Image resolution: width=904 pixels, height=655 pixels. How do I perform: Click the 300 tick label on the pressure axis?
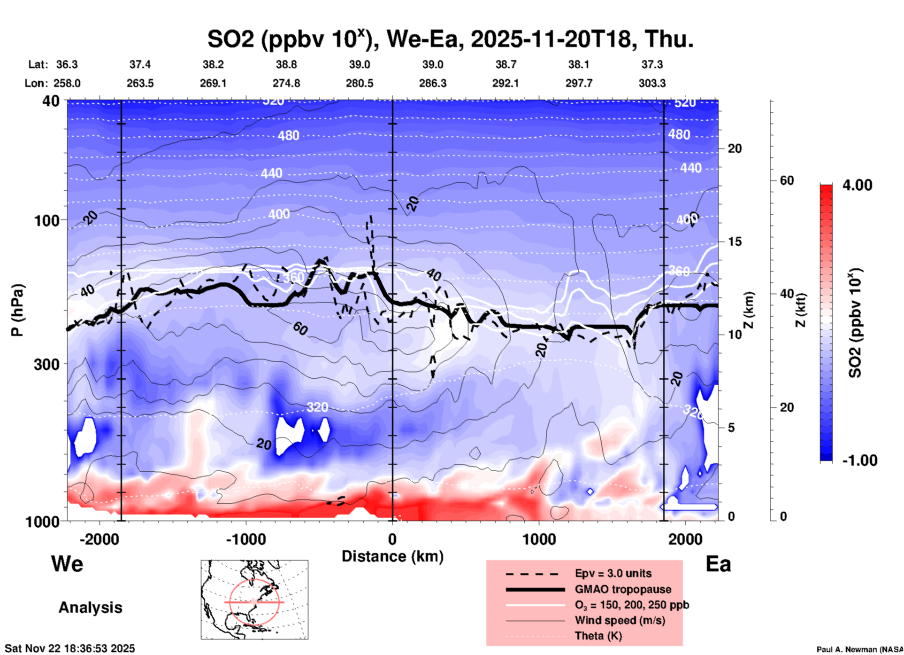pos(47,364)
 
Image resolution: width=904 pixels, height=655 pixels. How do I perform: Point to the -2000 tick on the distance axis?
pos(99,539)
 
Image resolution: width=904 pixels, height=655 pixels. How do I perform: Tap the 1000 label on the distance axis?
pos(539,539)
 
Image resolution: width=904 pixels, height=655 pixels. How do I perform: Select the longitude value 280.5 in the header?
pos(360,83)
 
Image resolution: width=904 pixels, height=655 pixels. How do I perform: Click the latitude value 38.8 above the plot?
pos(286,64)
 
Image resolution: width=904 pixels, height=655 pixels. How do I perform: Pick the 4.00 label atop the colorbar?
pos(857,185)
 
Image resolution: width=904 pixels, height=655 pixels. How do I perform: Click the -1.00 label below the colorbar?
pos(859,460)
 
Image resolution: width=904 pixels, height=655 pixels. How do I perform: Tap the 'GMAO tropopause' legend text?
pos(623,589)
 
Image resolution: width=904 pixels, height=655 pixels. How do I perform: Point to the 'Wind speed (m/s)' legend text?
pos(620,620)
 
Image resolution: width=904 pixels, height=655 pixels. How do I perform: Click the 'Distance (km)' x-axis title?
pos(392,556)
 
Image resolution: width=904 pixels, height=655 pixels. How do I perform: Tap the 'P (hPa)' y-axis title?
pos(17,310)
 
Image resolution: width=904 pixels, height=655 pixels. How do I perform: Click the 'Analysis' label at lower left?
pos(90,608)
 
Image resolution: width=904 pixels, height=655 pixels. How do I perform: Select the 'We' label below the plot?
pos(67,563)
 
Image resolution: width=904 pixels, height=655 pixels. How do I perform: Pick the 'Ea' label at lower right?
pos(718,564)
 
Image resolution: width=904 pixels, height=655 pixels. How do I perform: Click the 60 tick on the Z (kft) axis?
pos(787,180)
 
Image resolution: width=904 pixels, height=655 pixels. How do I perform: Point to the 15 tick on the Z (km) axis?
pos(735,242)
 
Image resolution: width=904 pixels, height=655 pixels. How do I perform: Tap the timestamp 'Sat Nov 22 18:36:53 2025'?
pos(70,648)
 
